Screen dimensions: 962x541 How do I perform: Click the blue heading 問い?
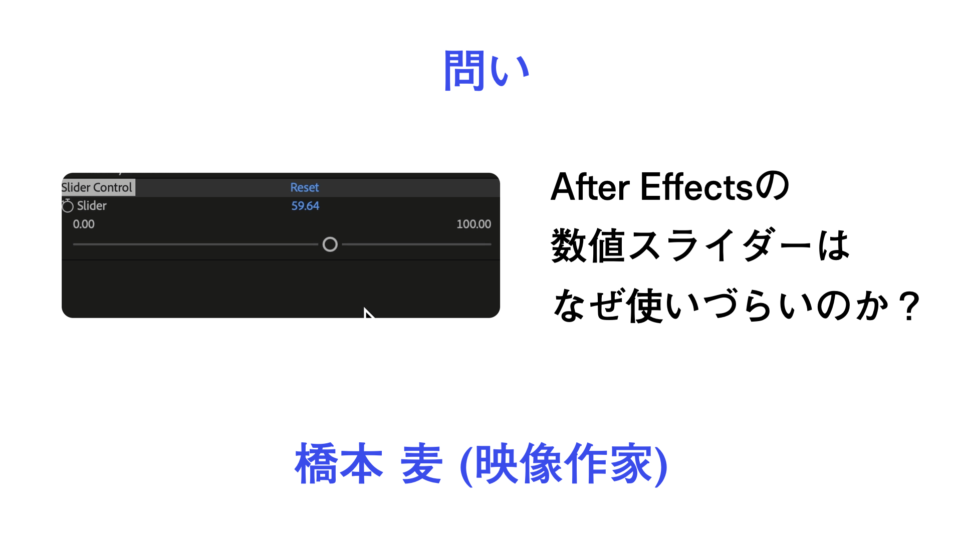486,70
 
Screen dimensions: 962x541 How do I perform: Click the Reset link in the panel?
305,187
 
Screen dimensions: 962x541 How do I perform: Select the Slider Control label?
97,187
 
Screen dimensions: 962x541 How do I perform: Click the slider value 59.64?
305,206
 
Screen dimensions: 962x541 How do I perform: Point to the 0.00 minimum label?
84,224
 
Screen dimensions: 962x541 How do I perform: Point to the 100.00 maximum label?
473,224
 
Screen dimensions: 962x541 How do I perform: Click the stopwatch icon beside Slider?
67,205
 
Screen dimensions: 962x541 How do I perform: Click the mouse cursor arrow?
368,313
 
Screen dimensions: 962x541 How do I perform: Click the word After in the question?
590,187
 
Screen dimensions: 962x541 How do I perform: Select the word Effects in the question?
696,187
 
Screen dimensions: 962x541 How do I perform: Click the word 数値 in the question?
588,245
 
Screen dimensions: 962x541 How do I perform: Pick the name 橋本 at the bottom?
339,463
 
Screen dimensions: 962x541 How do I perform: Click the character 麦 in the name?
421,463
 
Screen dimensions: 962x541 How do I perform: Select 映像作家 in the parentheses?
563,463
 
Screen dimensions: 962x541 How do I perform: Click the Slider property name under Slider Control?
92,206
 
